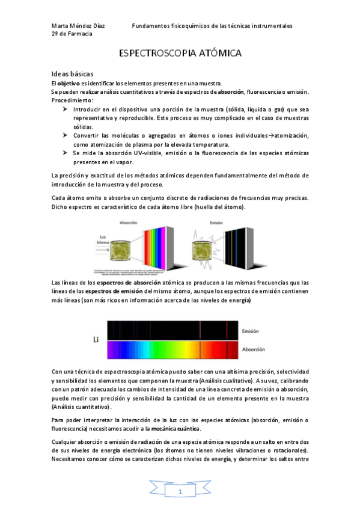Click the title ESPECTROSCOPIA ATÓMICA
click(180, 54)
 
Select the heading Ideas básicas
click(72, 73)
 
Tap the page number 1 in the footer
click(180, 492)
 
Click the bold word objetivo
click(72, 83)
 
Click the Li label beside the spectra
click(96, 340)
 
